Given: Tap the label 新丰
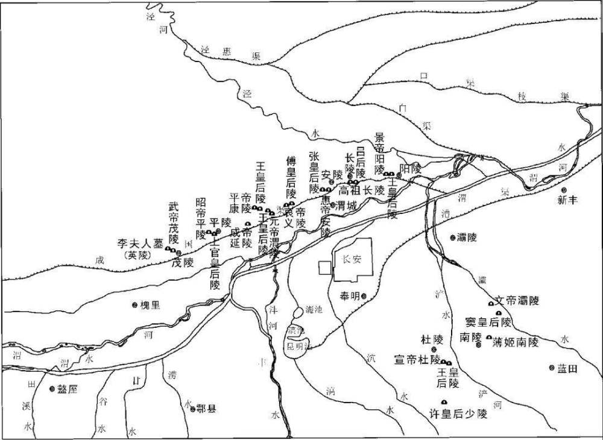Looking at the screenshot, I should [567, 201].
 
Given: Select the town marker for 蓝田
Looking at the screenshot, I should [551, 368].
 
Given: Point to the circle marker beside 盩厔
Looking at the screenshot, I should [52, 389].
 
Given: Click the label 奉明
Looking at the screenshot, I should [350, 295].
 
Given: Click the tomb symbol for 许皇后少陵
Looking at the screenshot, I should [444, 402].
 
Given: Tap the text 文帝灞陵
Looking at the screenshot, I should [517, 300].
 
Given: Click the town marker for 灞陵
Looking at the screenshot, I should [453, 237].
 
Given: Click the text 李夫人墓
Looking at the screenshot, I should [140, 244].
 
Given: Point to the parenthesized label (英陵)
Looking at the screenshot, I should [139, 256].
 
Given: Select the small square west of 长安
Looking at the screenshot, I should [325, 268].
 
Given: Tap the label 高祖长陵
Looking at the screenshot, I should [361, 189].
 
